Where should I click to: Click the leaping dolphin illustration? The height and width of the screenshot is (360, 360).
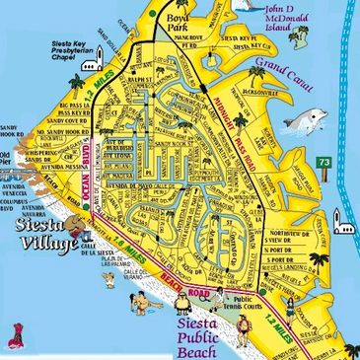303,120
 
